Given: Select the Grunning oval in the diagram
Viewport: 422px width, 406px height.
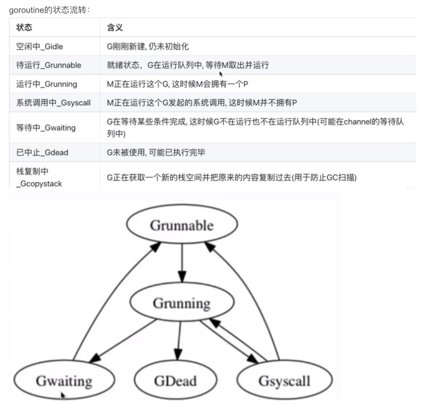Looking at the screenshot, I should click(x=182, y=303).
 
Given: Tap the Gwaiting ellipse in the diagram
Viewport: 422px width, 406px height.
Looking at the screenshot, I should click(x=64, y=381).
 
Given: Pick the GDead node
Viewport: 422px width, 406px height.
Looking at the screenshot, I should click(x=175, y=381).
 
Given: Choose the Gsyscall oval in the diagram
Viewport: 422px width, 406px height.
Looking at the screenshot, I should click(x=285, y=381).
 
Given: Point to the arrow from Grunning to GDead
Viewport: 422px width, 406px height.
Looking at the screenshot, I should click(x=179, y=339).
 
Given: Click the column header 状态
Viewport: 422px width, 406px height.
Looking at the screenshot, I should click(x=24, y=27).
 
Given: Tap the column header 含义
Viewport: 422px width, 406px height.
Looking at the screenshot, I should click(x=115, y=27).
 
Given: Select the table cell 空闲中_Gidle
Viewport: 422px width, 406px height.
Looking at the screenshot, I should click(x=40, y=46).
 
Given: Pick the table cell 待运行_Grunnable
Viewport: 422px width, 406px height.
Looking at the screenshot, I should click(x=48, y=65).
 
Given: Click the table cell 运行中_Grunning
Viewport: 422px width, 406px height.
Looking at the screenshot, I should click(x=46, y=84).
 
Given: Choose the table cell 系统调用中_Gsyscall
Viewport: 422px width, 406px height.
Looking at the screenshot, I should click(x=53, y=103).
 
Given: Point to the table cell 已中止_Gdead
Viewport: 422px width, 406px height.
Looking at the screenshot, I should click(x=42, y=153).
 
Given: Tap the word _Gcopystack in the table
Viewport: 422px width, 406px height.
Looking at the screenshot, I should click(x=39, y=184).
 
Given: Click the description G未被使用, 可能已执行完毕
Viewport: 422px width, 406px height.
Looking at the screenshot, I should click(x=156, y=153).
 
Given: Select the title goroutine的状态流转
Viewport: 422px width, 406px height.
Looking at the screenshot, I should click(x=49, y=10).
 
